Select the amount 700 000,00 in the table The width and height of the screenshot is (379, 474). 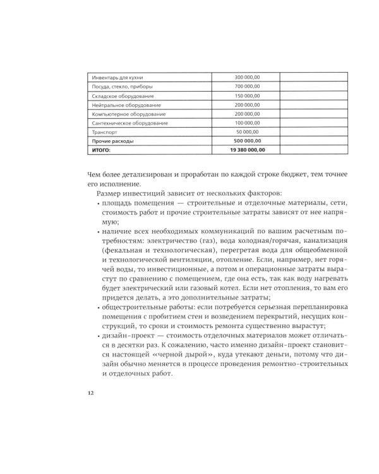pyautogui.click(x=247, y=86)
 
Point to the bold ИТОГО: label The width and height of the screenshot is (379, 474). pyautogui.click(x=101, y=150)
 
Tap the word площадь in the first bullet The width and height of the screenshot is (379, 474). pyautogui.click(x=118, y=203)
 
